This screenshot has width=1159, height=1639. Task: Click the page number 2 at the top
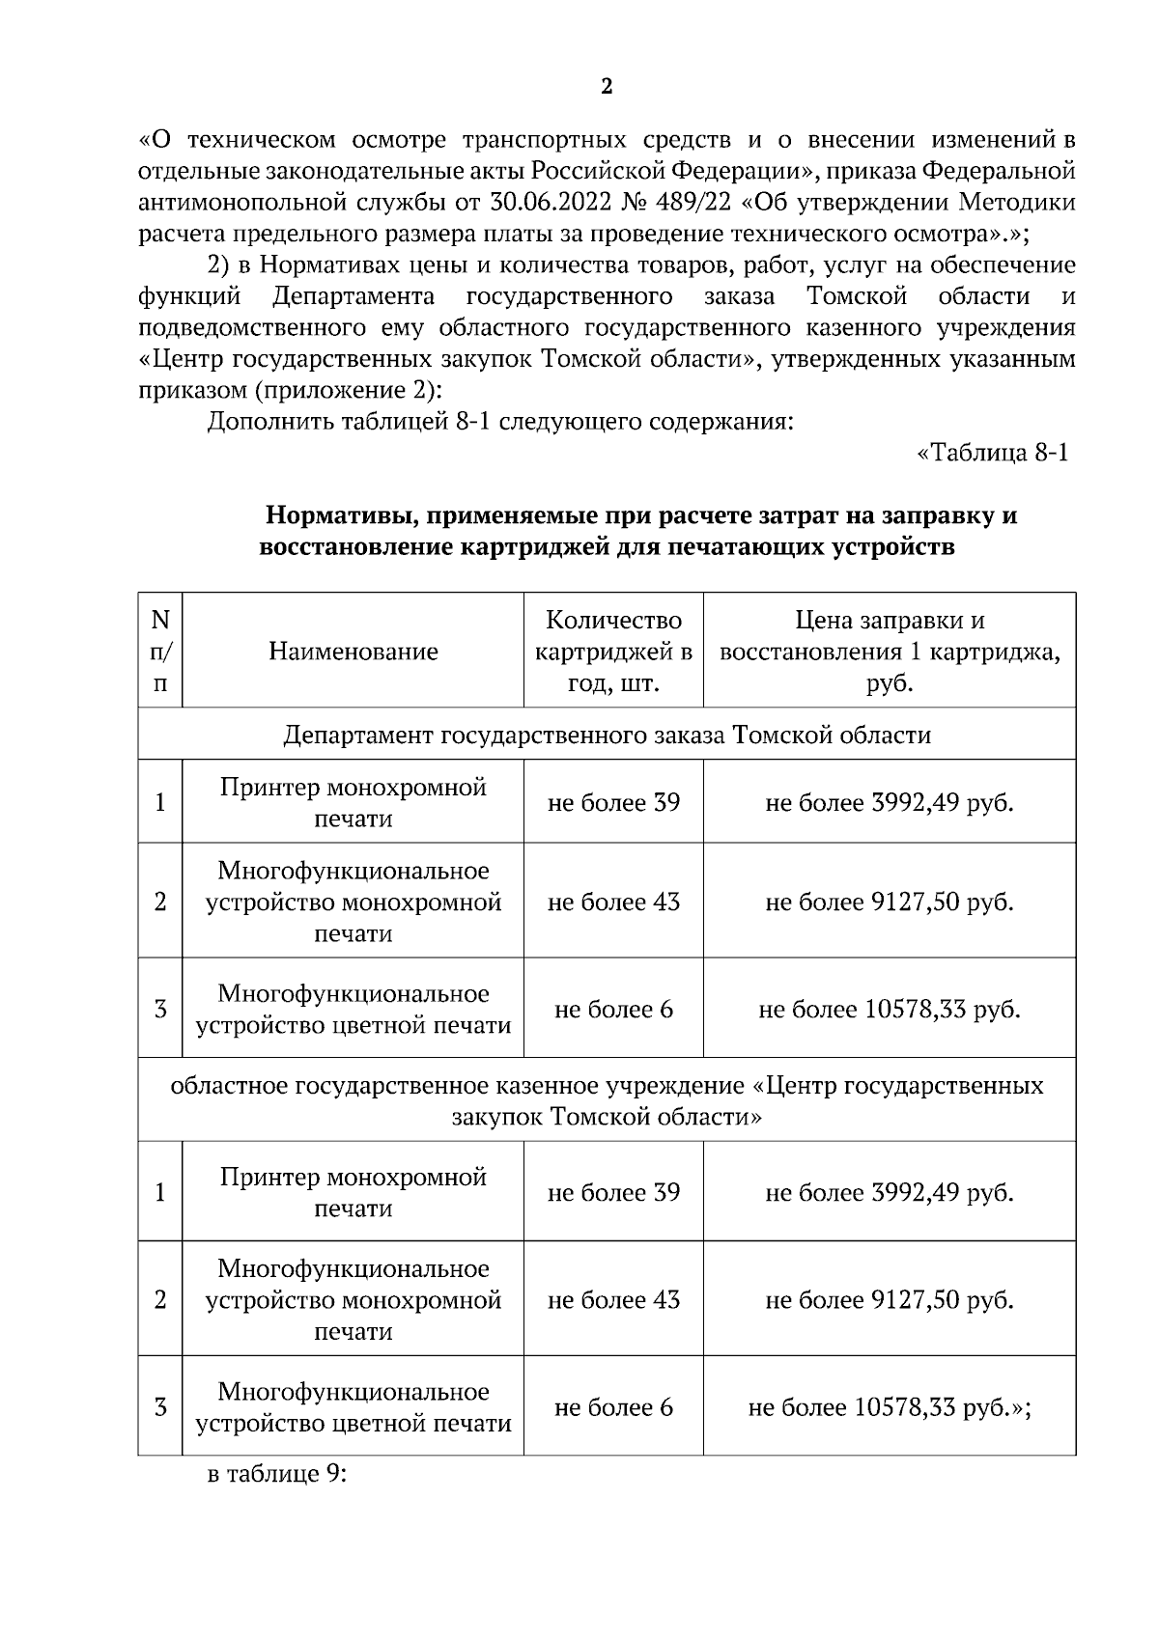(x=607, y=88)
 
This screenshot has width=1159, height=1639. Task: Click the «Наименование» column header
(x=353, y=652)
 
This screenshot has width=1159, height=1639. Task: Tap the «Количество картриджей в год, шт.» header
(x=613, y=652)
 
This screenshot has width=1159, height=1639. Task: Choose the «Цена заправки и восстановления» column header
(x=890, y=652)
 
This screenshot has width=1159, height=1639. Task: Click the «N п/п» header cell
(x=160, y=652)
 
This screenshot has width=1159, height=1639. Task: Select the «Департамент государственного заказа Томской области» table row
(x=607, y=736)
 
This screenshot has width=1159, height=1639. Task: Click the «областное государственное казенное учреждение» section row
(x=607, y=1101)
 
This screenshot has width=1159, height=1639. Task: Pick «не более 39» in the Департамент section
(x=613, y=802)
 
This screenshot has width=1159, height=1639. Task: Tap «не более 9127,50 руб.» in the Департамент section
(x=890, y=903)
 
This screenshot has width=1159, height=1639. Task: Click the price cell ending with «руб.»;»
(x=890, y=1408)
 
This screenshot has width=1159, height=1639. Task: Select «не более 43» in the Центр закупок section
(x=613, y=1300)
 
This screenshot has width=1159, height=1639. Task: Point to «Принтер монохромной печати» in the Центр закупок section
(x=353, y=1193)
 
